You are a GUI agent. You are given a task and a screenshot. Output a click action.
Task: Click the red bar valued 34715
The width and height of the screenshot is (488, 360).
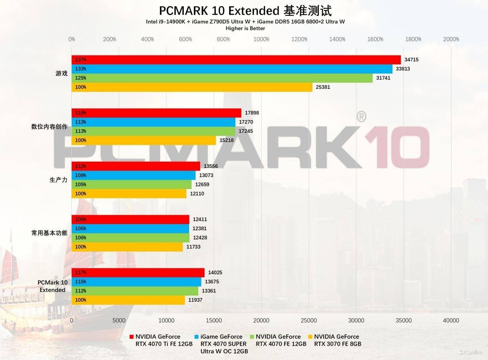click(x=236, y=60)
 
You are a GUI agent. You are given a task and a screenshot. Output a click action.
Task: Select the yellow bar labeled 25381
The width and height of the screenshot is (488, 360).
click(x=192, y=87)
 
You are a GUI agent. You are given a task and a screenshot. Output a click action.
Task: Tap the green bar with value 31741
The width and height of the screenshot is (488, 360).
click(x=222, y=78)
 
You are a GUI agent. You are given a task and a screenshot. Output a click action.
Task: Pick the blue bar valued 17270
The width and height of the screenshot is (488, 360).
click(x=153, y=122)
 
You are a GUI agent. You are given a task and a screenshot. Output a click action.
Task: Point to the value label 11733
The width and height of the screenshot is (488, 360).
click(x=193, y=247)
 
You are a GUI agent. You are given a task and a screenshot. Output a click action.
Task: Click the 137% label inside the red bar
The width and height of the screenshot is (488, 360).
click(x=80, y=60)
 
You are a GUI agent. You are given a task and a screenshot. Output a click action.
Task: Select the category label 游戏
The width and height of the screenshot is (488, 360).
click(x=62, y=73)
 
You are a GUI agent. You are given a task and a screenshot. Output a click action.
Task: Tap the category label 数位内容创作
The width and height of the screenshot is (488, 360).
click(x=49, y=127)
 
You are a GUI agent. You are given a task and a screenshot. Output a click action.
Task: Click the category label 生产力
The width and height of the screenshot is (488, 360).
click(x=59, y=180)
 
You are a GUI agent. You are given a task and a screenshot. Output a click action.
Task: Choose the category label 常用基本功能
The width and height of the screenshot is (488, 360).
click(x=49, y=233)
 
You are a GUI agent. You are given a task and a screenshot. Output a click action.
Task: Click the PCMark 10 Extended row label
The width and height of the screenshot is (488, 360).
click(x=52, y=286)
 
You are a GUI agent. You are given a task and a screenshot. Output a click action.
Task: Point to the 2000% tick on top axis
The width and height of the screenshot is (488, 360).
click(x=451, y=39)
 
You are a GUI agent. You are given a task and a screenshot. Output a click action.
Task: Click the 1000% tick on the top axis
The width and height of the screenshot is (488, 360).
click(x=262, y=39)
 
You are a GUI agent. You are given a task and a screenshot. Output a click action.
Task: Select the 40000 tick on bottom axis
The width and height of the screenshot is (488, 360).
click(x=451, y=320)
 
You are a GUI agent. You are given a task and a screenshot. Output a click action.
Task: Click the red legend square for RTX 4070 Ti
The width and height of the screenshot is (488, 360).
click(x=132, y=337)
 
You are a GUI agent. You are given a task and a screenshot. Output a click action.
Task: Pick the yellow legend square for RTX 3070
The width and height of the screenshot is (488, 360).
click(x=310, y=337)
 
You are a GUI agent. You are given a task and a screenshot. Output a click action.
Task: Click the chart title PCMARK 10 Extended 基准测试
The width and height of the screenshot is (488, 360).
click(x=245, y=10)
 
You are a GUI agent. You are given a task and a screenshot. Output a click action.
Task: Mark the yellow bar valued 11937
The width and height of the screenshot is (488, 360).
click(x=128, y=300)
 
